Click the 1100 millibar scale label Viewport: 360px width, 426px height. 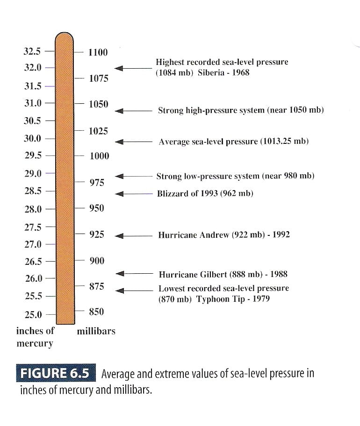coord(98,52)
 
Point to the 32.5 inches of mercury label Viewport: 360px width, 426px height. coord(32,51)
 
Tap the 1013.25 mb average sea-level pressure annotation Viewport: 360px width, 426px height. coord(234,142)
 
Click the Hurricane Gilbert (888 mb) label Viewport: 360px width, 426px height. coord(223,274)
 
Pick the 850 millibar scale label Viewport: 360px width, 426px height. coord(96,312)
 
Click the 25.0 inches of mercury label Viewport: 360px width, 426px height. coord(33,314)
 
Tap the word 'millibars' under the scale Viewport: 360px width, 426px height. coord(96,331)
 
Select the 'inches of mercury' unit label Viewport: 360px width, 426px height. coord(35,337)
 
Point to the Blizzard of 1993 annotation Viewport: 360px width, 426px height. coord(205,193)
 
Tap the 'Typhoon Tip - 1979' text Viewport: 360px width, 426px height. coord(233,299)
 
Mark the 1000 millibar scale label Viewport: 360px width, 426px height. coord(99,156)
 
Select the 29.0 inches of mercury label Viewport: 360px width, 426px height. coord(33,173)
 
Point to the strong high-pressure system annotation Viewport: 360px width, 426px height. coord(241,111)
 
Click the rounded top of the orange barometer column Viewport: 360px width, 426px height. coord(65,37)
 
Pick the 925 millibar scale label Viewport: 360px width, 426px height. coord(97,234)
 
